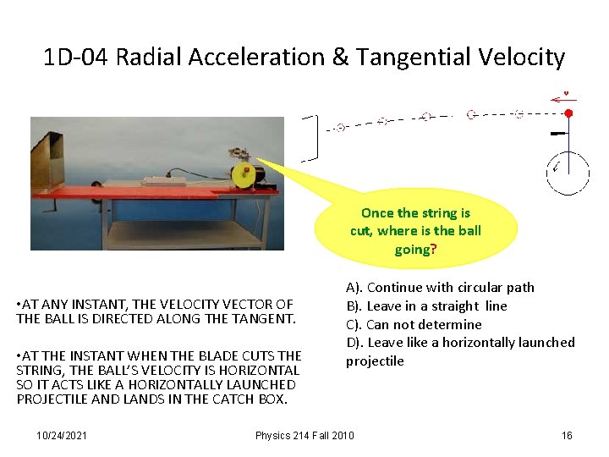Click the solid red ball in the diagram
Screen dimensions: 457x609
pos(568,113)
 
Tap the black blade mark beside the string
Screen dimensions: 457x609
pos(558,134)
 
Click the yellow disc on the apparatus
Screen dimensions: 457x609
pos(244,175)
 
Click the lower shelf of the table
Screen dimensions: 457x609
pos(182,230)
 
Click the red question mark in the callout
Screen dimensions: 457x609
pos(434,250)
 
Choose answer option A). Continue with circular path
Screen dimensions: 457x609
pos(440,288)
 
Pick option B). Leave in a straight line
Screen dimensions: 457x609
pos(426,306)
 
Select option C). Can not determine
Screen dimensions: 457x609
pos(414,324)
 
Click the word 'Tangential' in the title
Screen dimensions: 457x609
pos(410,58)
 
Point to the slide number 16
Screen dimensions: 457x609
pos(567,435)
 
